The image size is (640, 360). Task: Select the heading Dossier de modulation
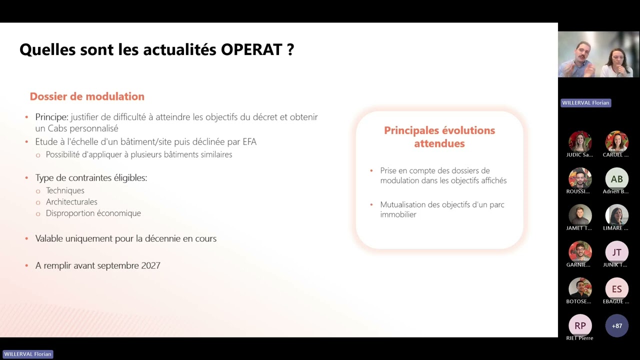(87, 96)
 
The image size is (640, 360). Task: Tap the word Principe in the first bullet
(51, 117)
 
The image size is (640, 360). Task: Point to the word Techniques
(65, 190)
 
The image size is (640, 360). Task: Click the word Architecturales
(71, 202)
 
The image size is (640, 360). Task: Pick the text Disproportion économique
(93, 213)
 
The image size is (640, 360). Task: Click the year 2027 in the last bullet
(150, 265)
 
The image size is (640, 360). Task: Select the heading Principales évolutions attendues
(439, 136)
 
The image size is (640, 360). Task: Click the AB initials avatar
(616, 179)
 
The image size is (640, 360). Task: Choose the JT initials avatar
(616, 252)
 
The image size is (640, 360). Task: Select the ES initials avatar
(616, 289)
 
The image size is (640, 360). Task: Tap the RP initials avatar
(580, 325)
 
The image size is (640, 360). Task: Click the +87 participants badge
(616, 326)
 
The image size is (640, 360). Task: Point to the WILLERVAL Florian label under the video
(585, 103)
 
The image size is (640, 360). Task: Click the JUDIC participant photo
(580, 142)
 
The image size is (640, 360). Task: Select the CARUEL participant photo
(616, 142)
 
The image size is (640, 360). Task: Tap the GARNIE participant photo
(580, 252)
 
